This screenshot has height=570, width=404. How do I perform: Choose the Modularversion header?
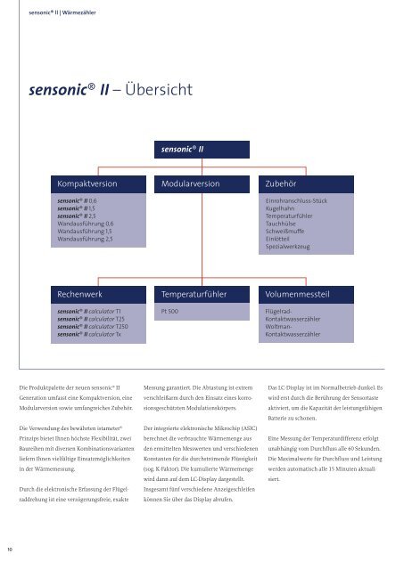coord(191,183)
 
